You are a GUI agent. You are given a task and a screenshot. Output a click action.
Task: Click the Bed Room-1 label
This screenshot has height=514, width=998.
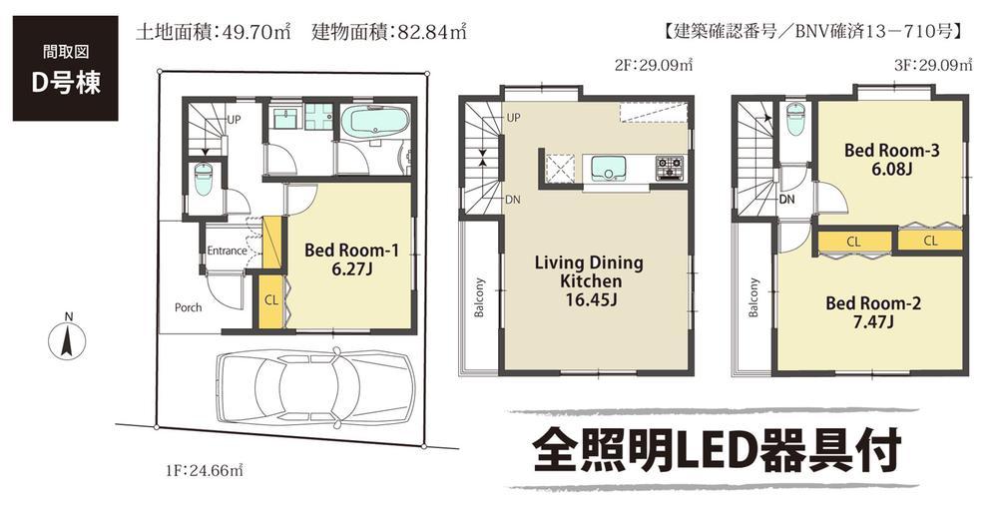coord(351,260)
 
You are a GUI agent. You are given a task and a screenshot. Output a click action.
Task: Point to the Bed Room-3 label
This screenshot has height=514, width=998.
coord(891,161)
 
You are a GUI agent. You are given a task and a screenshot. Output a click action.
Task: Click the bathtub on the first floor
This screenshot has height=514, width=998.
coord(373,126)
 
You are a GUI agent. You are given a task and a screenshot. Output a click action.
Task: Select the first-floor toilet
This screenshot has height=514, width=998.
coord(204,181)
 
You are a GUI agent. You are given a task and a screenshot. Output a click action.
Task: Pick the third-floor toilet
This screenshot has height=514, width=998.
coord(796,121)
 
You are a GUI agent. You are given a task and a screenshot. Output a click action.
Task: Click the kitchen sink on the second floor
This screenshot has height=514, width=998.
coord(608,166)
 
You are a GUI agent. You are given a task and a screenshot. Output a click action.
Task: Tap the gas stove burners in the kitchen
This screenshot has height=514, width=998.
coord(668,166)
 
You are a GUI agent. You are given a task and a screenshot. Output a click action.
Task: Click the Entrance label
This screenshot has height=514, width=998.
coord(226,251)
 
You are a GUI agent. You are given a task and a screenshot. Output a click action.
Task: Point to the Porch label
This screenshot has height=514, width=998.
coord(188,307)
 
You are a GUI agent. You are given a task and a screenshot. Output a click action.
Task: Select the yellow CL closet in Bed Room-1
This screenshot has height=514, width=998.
coord(270,300)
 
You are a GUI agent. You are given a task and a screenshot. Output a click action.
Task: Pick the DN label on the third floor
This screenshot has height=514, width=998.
coord(786,200)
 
